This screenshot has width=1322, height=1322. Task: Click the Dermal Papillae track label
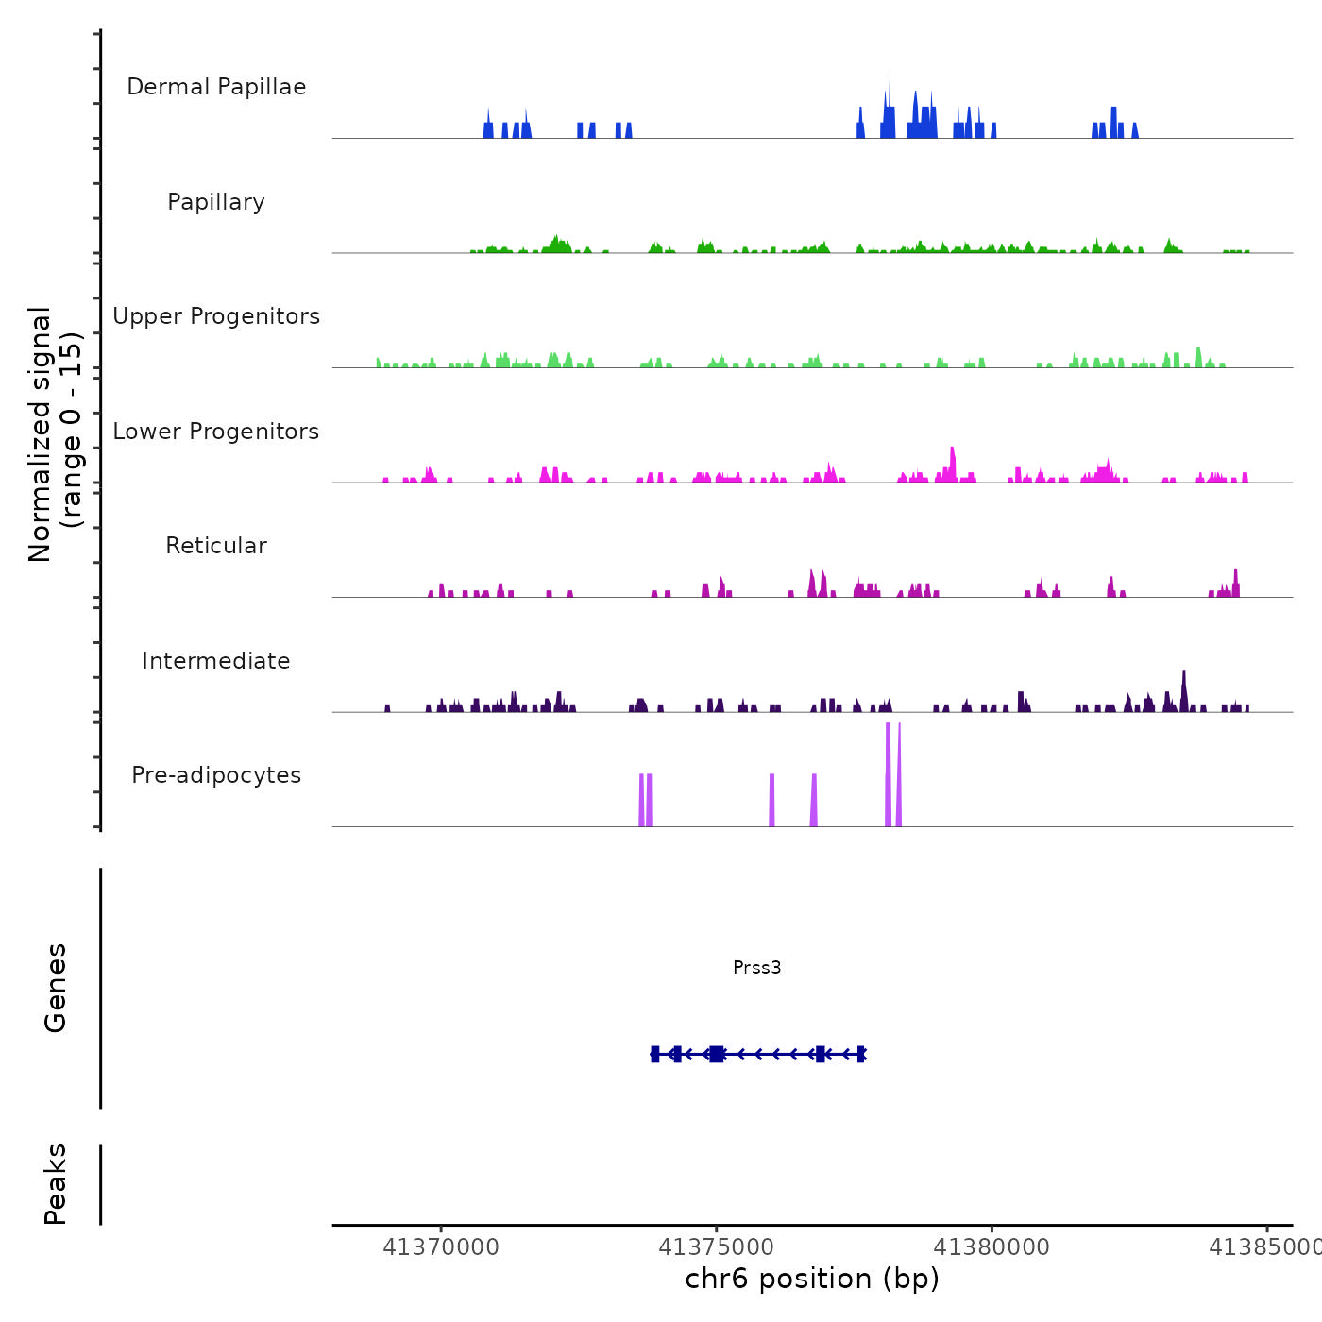(216, 87)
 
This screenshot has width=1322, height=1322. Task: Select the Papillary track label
(216, 202)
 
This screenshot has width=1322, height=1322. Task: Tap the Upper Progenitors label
(216, 316)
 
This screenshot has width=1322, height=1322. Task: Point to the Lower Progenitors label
(216, 432)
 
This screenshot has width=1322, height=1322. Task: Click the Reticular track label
(216, 546)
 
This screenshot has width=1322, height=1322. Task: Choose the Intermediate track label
(216, 661)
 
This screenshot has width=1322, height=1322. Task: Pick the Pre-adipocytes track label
(216, 775)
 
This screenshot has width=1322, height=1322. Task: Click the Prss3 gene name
(756, 967)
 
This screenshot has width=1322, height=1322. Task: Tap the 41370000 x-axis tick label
(441, 1247)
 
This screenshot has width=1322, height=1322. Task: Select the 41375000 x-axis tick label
(717, 1247)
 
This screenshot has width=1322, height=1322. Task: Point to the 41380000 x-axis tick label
(991, 1247)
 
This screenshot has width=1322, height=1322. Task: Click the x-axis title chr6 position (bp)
(812, 1279)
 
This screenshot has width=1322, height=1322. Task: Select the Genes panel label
(56, 988)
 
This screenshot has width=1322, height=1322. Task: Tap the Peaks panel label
(56, 1184)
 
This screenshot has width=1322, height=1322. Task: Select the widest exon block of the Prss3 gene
(717, 1054)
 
